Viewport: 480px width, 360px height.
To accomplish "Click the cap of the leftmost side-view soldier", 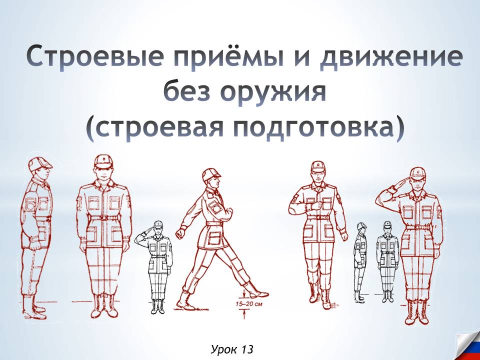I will coord(40,163).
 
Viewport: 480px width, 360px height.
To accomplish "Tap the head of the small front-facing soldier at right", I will coord(386,228).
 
